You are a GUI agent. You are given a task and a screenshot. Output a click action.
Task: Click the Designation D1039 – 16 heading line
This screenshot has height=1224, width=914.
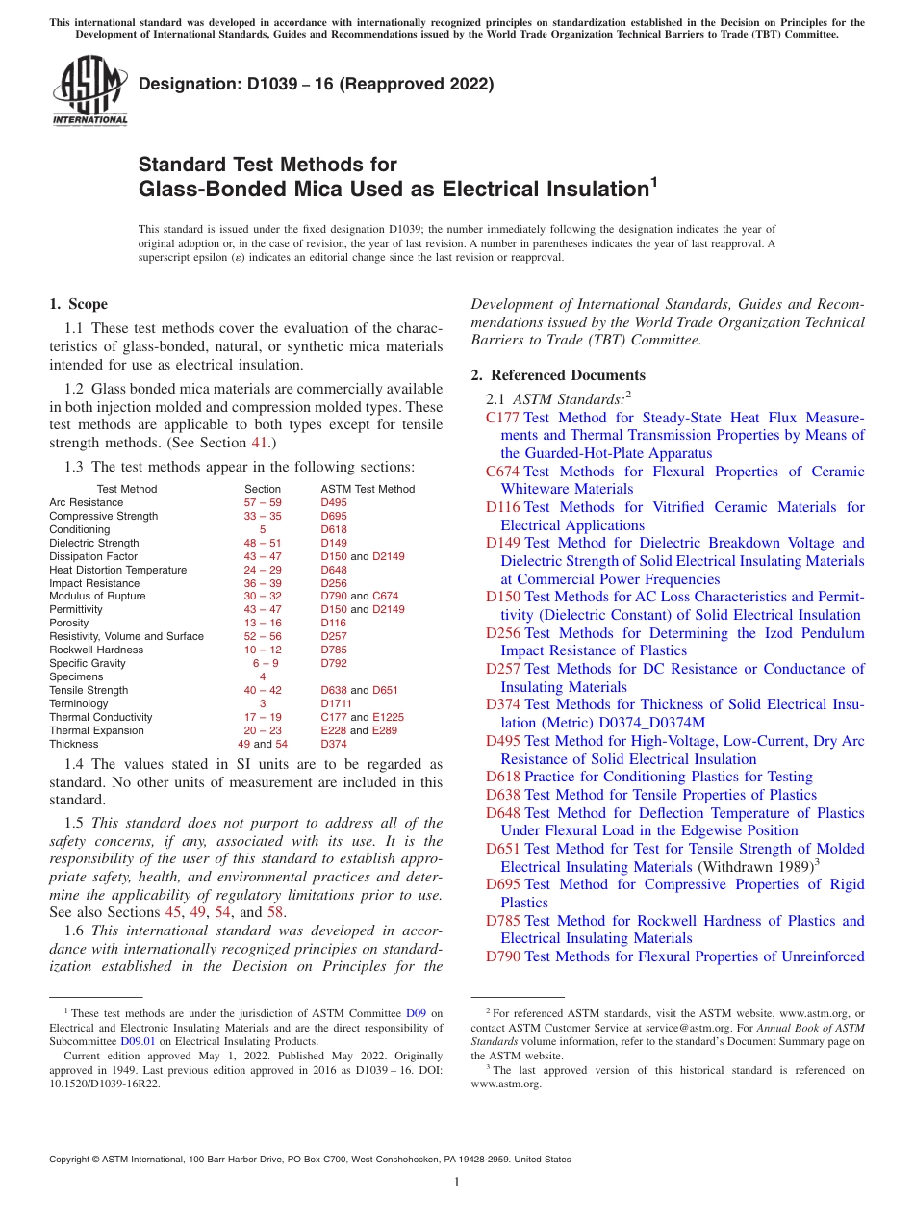pos(316,85)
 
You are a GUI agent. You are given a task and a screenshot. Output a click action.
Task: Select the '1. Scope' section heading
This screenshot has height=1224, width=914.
pos(79,305)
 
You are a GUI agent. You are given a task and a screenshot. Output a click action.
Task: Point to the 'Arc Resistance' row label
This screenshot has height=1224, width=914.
pos(87,502)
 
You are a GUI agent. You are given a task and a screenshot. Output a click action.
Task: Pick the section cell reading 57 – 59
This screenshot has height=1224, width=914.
pos(263,502)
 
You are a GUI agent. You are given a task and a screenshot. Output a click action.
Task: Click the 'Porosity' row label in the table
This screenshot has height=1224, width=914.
pos(68,624)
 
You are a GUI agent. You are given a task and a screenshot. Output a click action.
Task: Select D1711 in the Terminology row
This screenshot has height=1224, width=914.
pos(334,703)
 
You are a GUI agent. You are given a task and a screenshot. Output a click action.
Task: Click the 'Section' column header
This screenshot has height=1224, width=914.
pos(263,489)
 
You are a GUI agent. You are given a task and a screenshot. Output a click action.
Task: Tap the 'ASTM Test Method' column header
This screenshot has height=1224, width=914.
pos(368,489)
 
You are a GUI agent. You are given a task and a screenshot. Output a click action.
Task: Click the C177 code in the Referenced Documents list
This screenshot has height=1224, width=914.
pos(502,418)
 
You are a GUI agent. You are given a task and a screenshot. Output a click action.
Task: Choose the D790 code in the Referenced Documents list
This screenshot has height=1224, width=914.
pos(503,956)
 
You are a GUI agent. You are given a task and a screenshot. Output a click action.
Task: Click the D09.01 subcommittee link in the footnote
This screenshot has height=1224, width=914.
pos(134,1041)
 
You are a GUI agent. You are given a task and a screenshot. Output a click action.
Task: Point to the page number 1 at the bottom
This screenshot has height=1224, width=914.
pos(457,1183)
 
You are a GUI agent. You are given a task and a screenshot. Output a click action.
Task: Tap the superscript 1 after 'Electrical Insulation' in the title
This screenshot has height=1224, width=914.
pos(654,180)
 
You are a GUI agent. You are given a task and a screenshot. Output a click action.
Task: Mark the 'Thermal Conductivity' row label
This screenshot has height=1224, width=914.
pos(101,717)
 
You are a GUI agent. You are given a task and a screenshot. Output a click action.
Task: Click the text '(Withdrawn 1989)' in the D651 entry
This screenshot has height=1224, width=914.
pos(752,867)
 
